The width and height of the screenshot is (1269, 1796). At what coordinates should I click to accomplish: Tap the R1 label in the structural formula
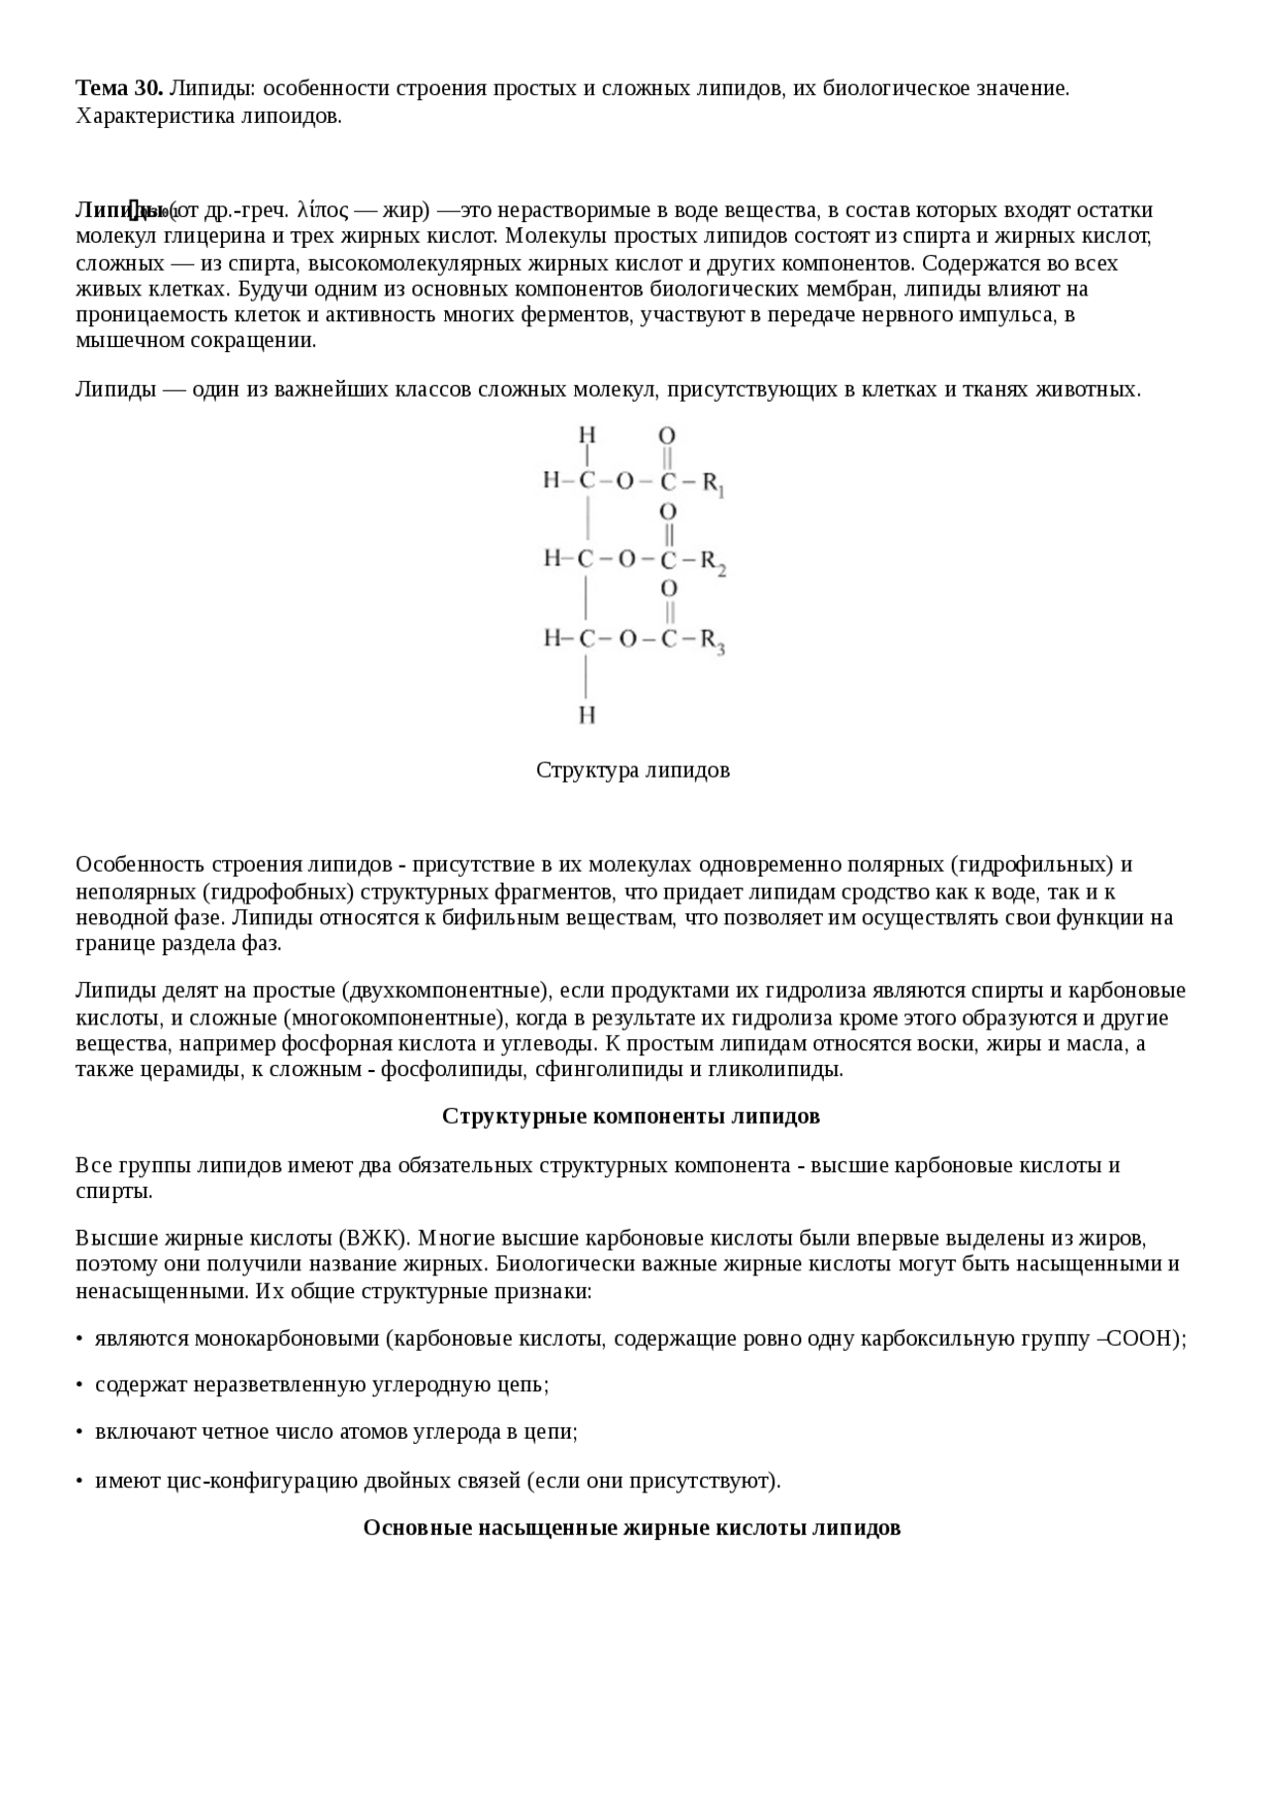(x=715, y=484)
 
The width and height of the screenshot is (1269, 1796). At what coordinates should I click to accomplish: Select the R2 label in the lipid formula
(x=714, y=562)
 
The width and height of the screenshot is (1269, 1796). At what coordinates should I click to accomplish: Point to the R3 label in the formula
(x=714, y=641)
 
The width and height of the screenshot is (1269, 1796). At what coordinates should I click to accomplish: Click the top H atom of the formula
(x=587, y=434)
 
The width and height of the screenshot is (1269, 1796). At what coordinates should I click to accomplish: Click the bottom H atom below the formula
(x=587, y=714)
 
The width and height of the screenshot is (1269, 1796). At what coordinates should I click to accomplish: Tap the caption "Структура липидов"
(x=633, y=770)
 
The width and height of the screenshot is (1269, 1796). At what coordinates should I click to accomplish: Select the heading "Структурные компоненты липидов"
(x=631, y=1116)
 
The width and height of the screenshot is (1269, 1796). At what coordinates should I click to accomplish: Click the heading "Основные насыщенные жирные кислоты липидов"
(x=632, y=1527)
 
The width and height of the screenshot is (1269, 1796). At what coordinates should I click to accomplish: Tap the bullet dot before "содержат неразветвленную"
(x=79, y=1385)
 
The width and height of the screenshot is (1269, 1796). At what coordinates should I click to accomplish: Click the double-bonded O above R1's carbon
(x=667, y=435)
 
